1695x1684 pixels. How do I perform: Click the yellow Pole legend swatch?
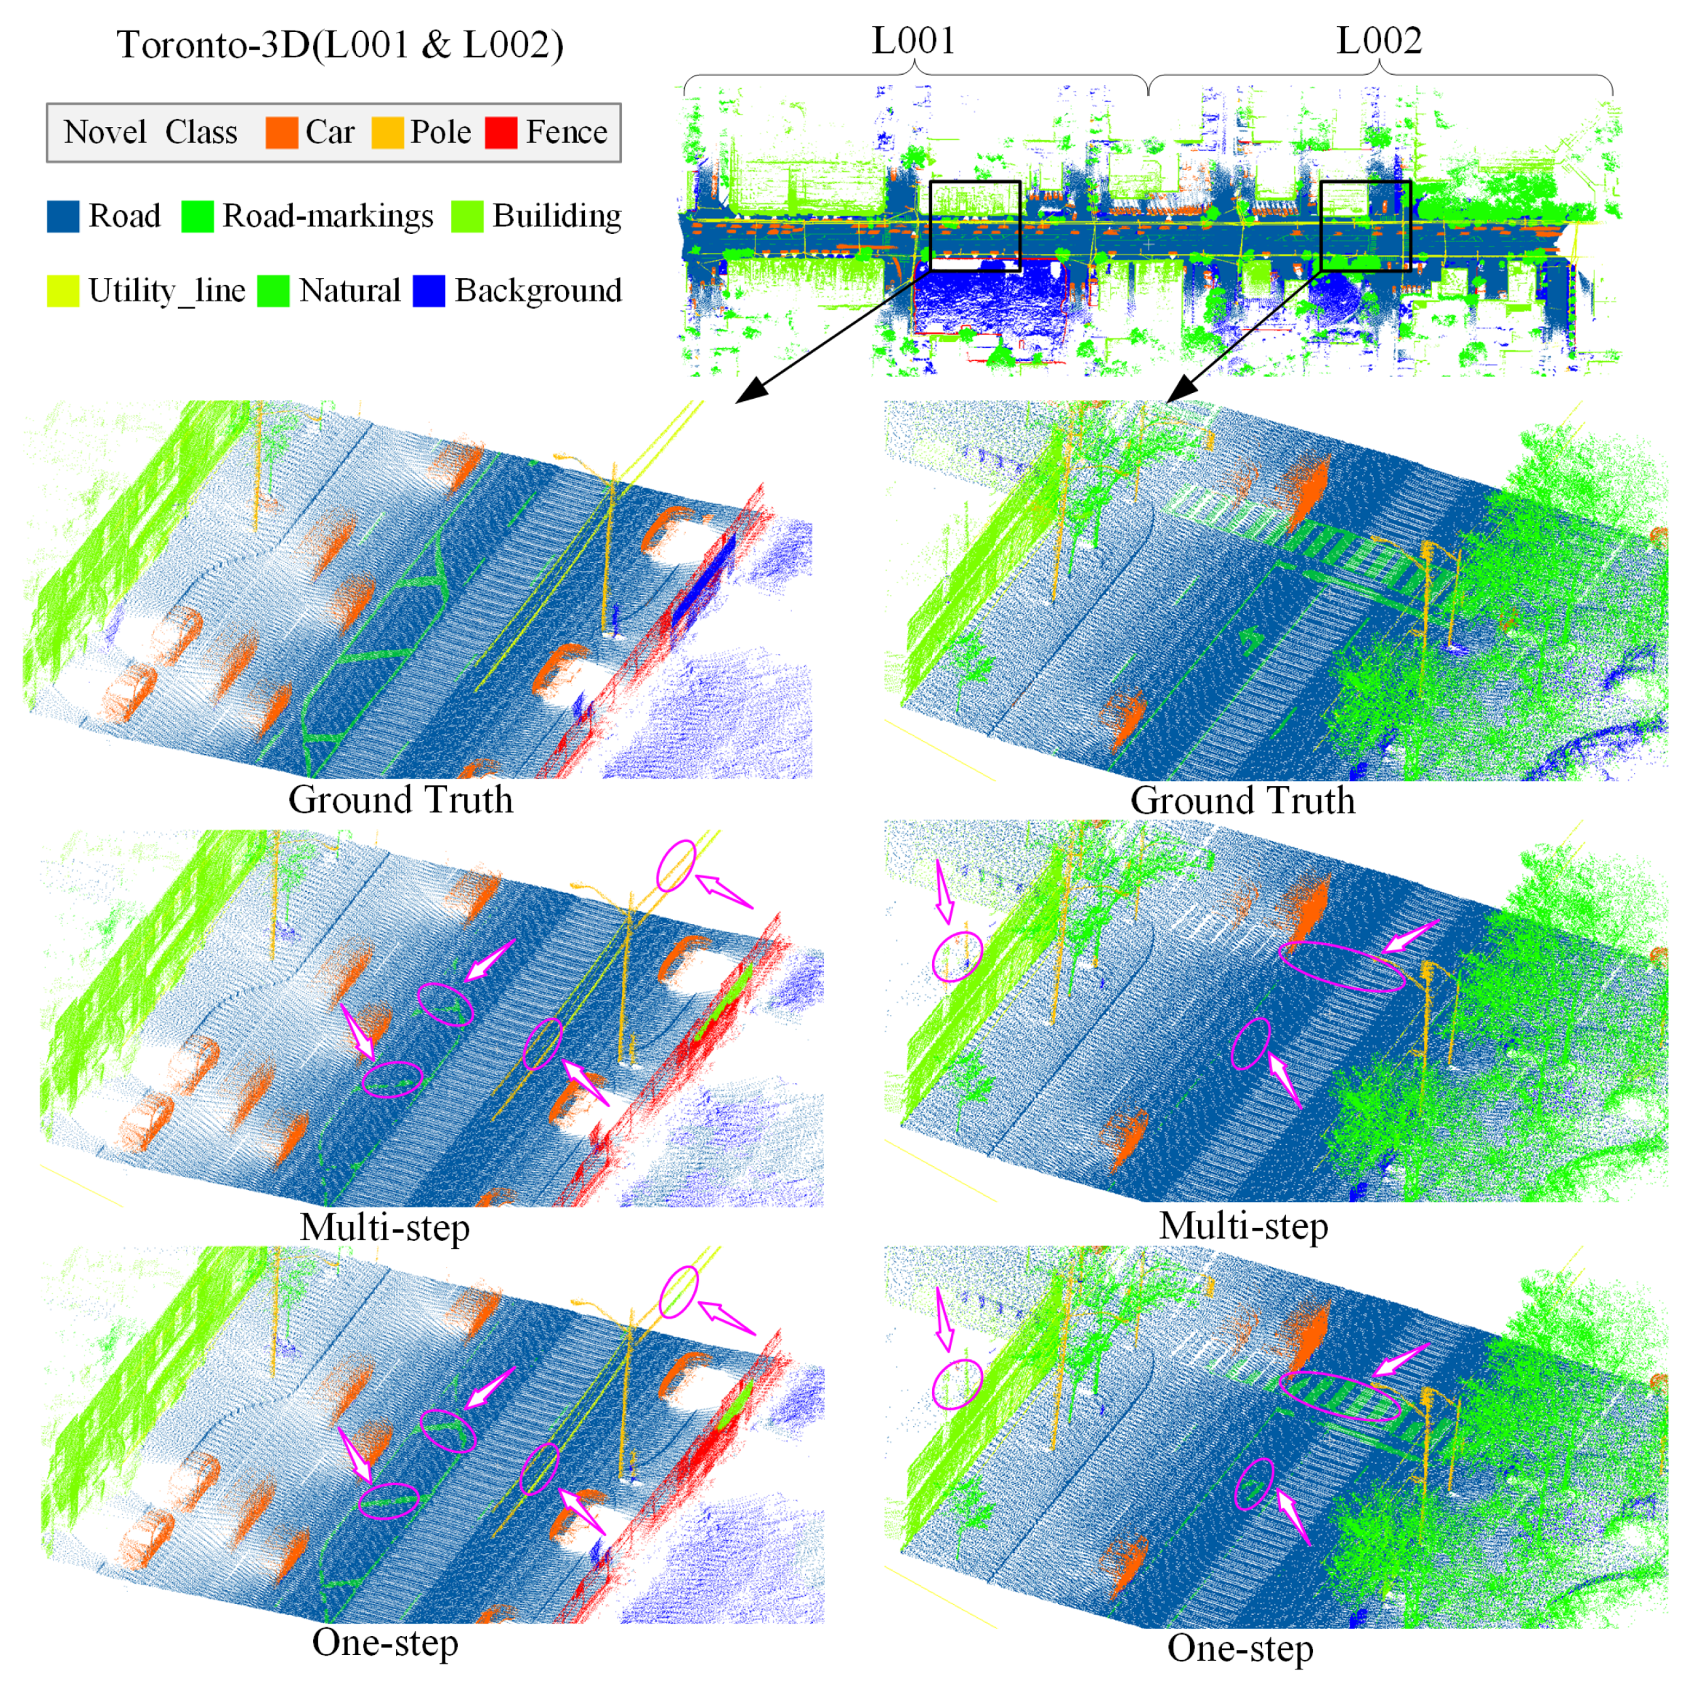click(x=387, y=132)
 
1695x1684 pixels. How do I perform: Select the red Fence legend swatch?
click(x=501, y=132)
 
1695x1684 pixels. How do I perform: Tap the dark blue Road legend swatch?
click(x=63, y=216)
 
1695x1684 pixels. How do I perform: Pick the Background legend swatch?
click(x=429, y=291)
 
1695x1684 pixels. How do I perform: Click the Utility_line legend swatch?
click(x=63, y=291)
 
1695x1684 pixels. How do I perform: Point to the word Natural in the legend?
click(x=349, y=291)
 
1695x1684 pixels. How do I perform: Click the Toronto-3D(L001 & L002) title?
click(x=341, y=46)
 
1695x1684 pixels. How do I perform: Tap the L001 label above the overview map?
click(x=913, y=41)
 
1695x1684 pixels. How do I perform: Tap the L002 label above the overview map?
click(x=1378, y=41)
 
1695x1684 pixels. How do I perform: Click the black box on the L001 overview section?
click(x=975, y=225)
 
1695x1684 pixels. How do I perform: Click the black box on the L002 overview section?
click(x=1365, y=225)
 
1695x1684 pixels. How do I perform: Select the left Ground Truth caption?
click(x=400, y=800)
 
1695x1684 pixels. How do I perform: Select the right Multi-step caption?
click(x=1243, y=1226)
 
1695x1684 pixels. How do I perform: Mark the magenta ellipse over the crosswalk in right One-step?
click(x=1340, y=1396)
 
